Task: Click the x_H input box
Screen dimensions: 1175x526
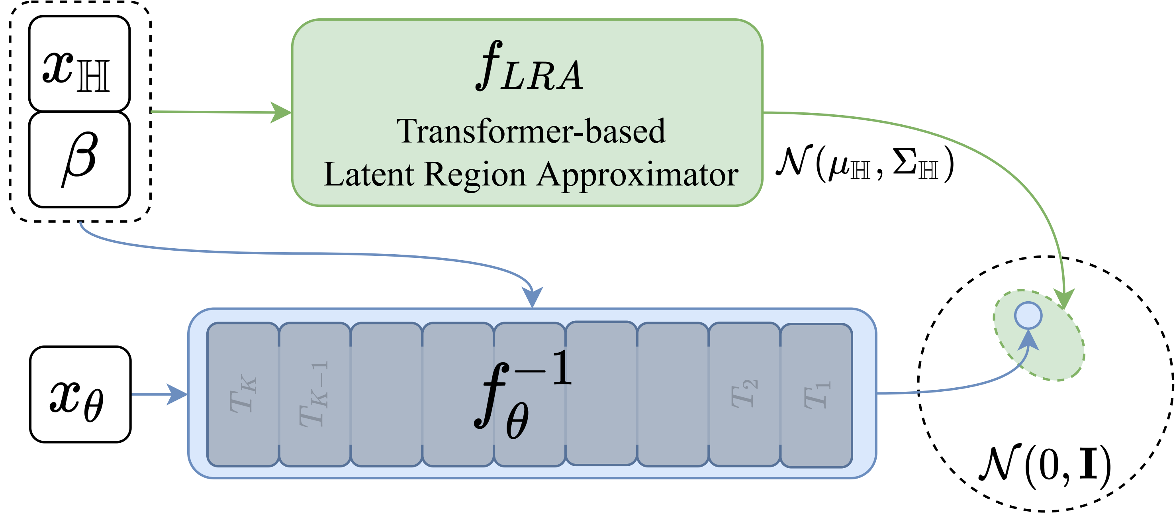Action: click(x=79, y=63)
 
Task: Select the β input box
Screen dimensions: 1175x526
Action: click(x=79, y=160)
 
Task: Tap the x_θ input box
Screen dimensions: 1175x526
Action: click(x=80, y=394)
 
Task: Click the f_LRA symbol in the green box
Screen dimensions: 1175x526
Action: click(x=529, y=66)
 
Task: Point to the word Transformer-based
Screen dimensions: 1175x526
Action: click(x=531, y=131)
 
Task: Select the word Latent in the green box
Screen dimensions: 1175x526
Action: click(x=368, y=174)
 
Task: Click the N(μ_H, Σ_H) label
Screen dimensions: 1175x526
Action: click(x=865, y=163)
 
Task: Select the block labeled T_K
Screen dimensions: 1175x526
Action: click(x=243, y=394)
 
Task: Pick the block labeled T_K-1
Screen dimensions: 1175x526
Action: click(x=315, y=394)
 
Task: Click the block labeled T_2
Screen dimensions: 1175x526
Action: click(x=744, y=394)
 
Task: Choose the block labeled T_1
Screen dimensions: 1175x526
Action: click(x=817, y=396)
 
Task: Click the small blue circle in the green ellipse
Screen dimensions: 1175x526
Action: click(x=1028, y=315)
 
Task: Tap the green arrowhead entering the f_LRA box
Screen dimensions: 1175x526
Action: click(x=280, y=112)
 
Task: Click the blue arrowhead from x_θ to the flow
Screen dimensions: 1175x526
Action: click(x=177, y=394)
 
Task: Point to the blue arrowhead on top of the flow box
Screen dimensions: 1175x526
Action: click(x=532, y=297)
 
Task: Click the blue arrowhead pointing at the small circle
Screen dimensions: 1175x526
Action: click(x=1029, y=340)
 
